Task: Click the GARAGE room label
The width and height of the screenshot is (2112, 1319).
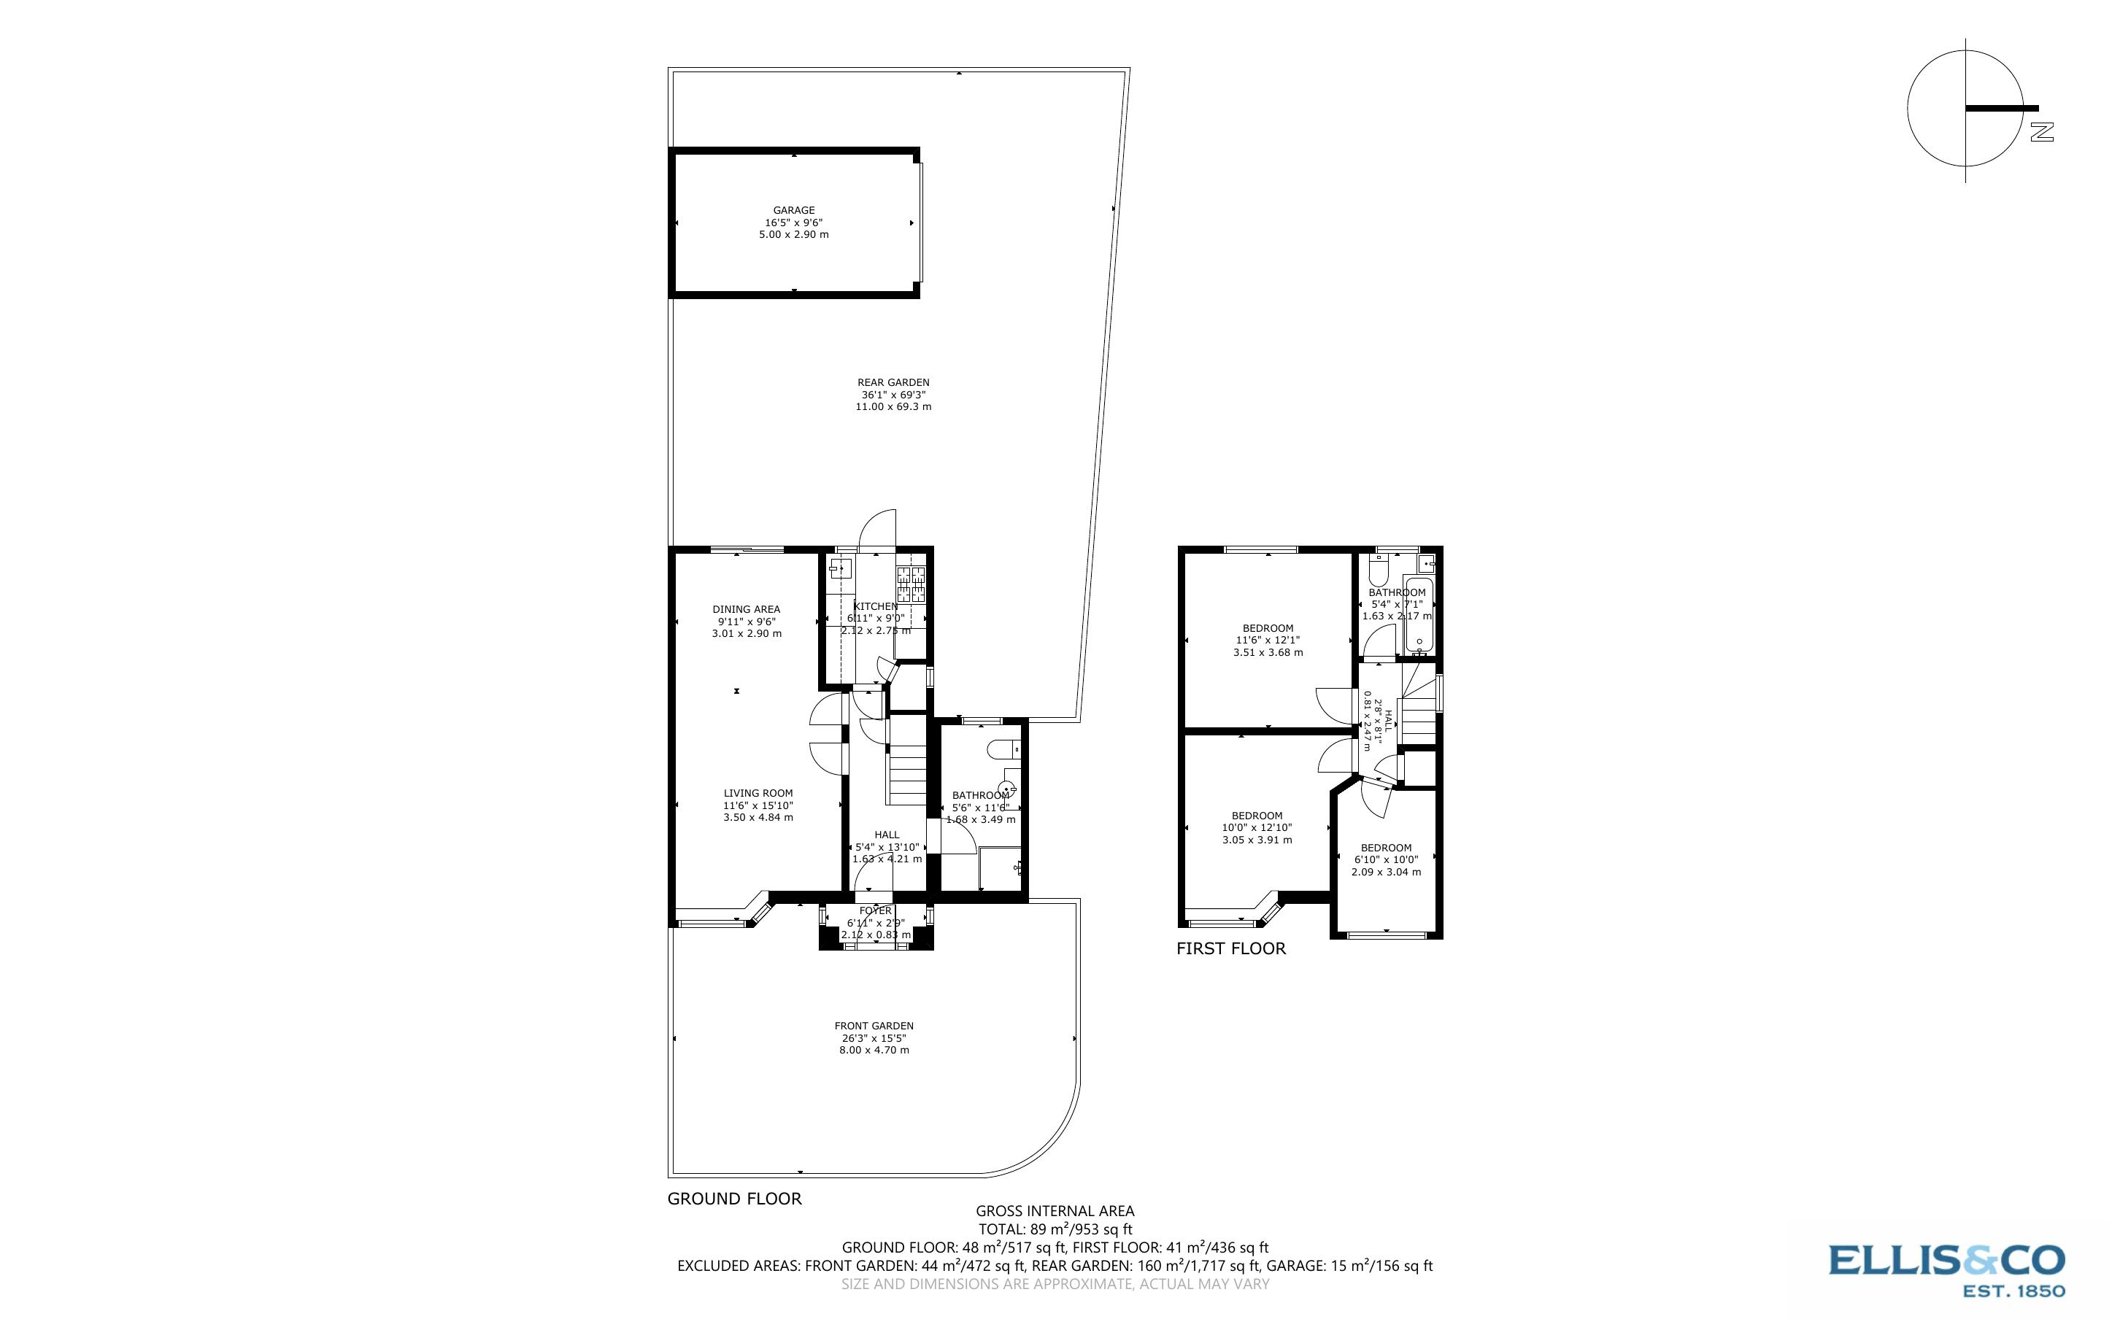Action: pyautogui.click(x=793, y=210)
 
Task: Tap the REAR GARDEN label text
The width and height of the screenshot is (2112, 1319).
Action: pyautogui.click(x=893, y=382)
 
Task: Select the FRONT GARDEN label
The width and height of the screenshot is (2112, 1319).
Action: pyautogui.click(x=874, y=1026)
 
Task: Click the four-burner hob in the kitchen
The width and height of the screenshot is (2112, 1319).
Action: pyautogui.click(x=910, y=584)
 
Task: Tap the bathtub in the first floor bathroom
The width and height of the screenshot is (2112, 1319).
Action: pyautogui.click(x=1417, y=616)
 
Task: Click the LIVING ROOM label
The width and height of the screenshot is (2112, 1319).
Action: pyautogui.click(x=758, y=794)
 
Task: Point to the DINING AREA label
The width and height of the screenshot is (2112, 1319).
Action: pyautogui.click(x=746, y=610)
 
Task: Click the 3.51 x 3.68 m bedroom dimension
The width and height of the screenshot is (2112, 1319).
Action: pyautogui.click(x=1268, y=652)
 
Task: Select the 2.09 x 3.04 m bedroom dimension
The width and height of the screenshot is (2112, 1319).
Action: pyautogui.click(x=1385, y=872)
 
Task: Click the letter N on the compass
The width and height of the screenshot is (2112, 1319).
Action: pyautogui.click(x=2041, y=133)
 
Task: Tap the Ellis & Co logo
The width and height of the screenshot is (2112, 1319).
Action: pyautogui.click(x=1947, y=1269)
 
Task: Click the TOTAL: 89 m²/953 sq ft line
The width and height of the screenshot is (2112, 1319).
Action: pyautogui.click(x=1055, y=1229)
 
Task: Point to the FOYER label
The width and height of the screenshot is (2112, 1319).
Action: pyautogui.click(x=875, y=910)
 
